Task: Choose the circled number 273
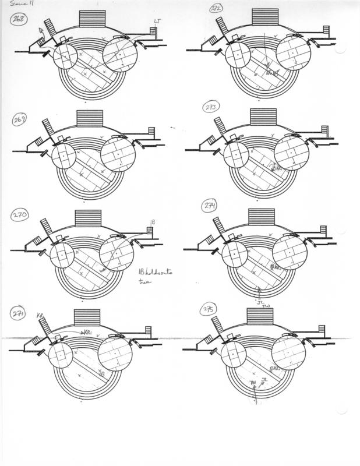pyautogui.click(x=211, y=108)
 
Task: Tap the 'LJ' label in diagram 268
pyautogui.click(x=156, y=22)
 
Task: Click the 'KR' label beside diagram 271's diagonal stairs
pyautogui.click(x=40, y=315)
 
